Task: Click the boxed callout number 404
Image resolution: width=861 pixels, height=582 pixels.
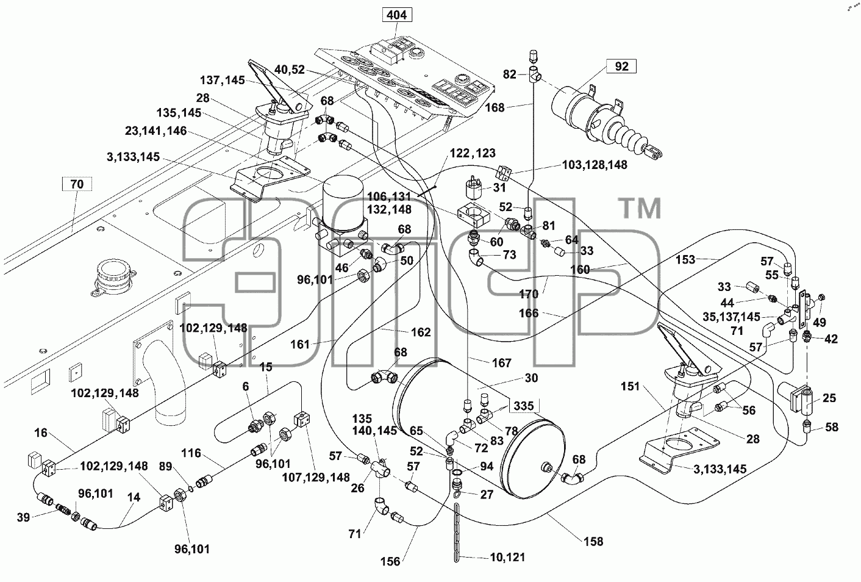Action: (396, 15)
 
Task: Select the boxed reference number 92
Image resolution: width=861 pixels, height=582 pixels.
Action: (621, 66)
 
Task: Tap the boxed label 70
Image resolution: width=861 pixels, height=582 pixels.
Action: (77, 184)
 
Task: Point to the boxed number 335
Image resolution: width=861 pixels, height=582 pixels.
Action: (524, 406)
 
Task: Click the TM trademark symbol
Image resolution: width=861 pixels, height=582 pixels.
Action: (641, 208)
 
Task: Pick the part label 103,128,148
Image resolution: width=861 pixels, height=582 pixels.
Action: (595, 165)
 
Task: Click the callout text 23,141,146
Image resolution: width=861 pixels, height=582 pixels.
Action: (155, 131)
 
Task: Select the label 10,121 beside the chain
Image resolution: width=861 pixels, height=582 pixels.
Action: (507, 557)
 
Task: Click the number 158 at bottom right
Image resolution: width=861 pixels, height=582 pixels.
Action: (593, 542)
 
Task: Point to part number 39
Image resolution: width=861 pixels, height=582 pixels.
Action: (23, 517)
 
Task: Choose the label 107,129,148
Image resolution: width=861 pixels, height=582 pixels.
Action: (316, 477)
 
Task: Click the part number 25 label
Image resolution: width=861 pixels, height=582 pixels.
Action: (829, 398)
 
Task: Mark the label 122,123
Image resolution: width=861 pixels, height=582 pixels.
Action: (473, 153)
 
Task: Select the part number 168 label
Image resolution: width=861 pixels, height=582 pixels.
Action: (495, 107)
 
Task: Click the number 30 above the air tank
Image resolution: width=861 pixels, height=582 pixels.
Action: (531, 378)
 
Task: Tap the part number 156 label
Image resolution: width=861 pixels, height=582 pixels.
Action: (390, 562)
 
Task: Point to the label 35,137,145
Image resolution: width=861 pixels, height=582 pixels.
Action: (732, 317)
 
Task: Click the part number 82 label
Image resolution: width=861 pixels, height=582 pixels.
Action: (510, 74)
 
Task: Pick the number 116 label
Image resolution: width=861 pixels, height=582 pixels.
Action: (191, 453)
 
